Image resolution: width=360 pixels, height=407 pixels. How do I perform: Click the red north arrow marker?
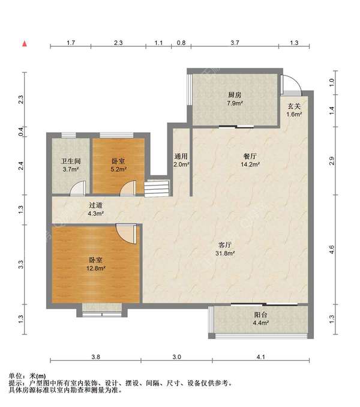tap(25, 44)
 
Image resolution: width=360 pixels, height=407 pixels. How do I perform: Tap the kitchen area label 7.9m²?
tap(235, 103)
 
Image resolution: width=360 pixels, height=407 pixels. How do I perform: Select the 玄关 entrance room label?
tap(294, 106)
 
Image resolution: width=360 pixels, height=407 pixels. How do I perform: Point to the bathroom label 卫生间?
tap(71, 161)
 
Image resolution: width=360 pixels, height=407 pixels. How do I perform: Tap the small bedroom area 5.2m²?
tap(119, 169)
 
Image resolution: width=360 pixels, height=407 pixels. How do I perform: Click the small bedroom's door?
tap(128, 188)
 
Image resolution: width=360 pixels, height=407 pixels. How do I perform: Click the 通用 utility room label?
tap(181, 156)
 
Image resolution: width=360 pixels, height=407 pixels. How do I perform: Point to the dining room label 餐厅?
tap(250, 156)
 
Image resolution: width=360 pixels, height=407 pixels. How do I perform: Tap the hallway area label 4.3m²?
tap(96, 214)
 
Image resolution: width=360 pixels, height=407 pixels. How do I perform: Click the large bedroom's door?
tap(127, 234)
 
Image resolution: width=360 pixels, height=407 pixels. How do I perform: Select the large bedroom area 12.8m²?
tap(96, 268)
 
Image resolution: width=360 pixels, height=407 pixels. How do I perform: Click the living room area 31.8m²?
tap(225, 253)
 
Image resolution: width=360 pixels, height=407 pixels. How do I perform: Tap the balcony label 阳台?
tap(260, 315)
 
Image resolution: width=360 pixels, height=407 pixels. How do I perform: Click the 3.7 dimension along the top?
tap(235, 43)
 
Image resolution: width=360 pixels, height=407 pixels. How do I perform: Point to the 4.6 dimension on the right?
tap(331, 250)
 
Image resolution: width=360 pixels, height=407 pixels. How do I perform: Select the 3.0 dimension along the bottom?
tap(176, 357)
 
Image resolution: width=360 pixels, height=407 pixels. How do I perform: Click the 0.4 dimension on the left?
tap(21, 131)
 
